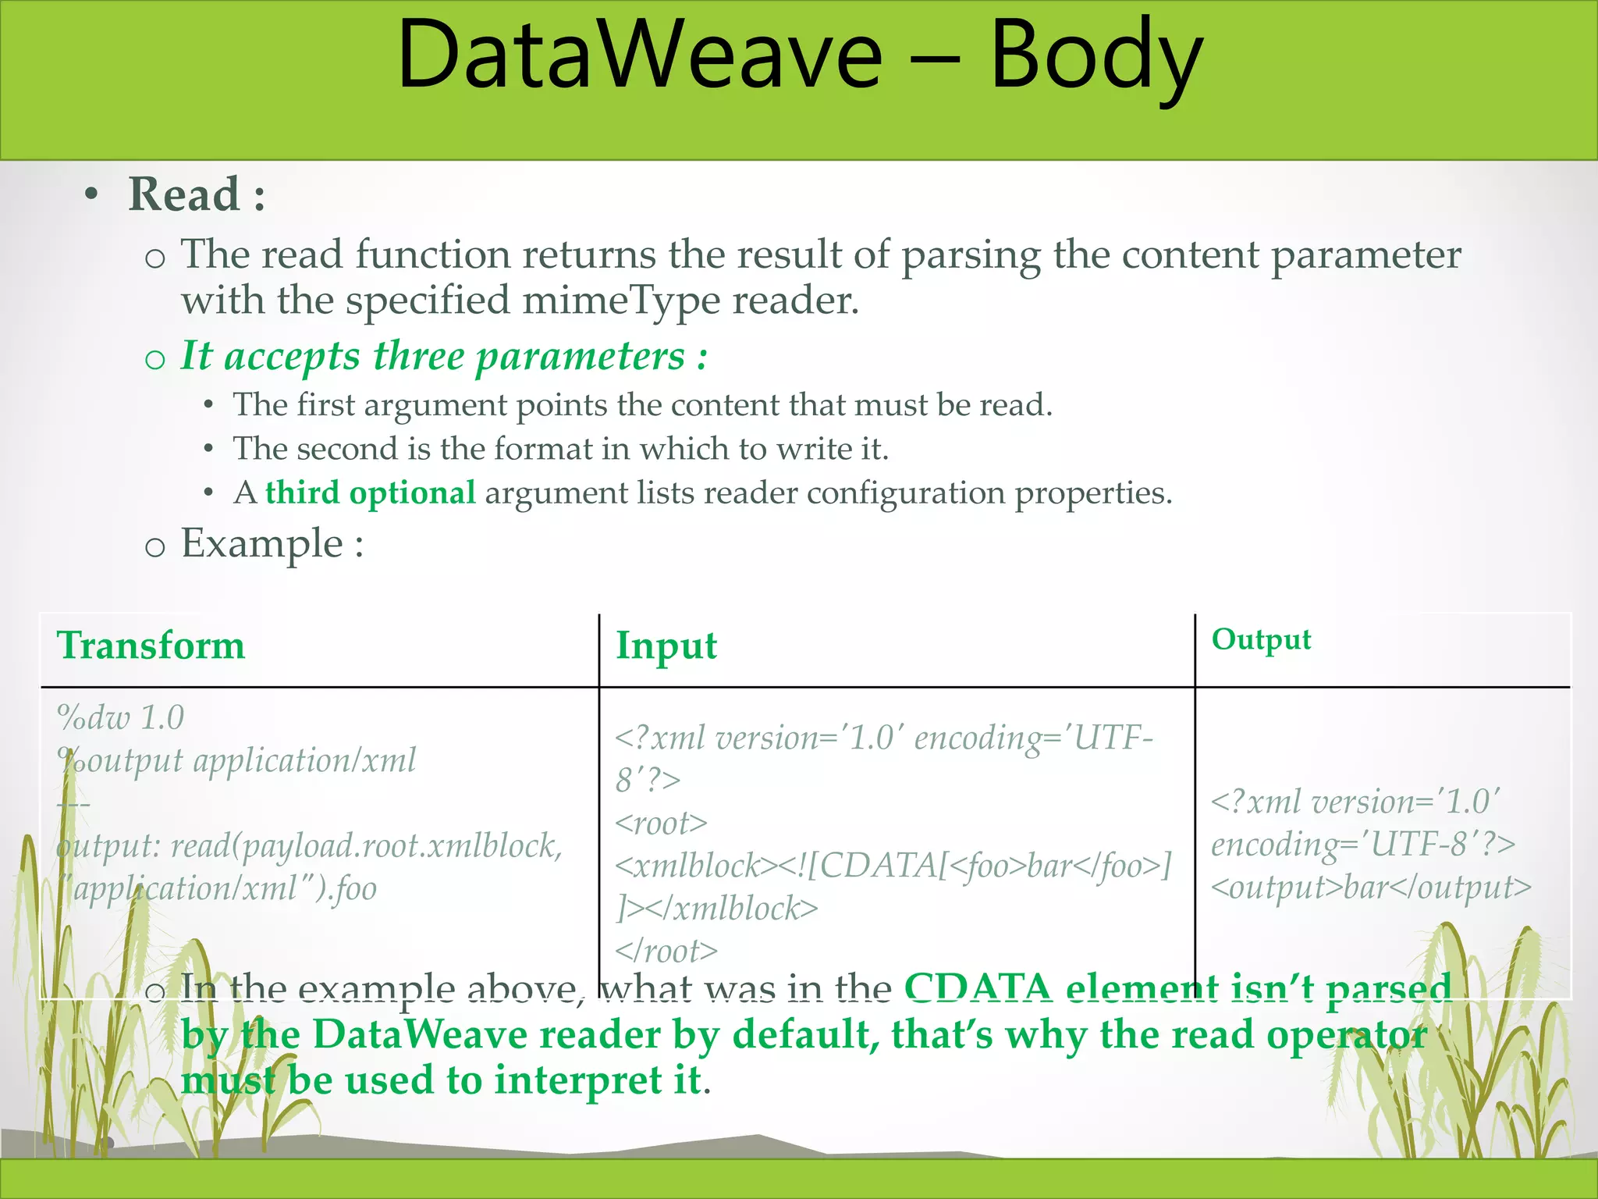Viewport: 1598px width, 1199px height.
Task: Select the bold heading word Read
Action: coord(184,194)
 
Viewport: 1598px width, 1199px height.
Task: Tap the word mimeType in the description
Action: coord(621,301)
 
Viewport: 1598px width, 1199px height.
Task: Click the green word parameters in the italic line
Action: coord(581,357)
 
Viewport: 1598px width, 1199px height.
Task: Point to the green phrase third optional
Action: coord(370,493)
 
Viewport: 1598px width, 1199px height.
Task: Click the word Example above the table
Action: coord(262,543)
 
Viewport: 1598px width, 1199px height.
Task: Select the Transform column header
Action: coord(151,646)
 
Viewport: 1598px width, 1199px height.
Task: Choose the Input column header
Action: coord(666,646)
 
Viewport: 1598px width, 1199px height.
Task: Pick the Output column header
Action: coord(1261,639)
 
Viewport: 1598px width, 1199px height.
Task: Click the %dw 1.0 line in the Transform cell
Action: coord(120,717)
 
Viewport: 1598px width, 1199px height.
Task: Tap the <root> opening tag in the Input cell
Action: coord(661,823)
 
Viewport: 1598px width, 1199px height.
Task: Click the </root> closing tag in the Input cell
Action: coord(666,951)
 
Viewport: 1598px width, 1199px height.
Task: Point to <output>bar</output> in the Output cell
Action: coord(1371,888)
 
